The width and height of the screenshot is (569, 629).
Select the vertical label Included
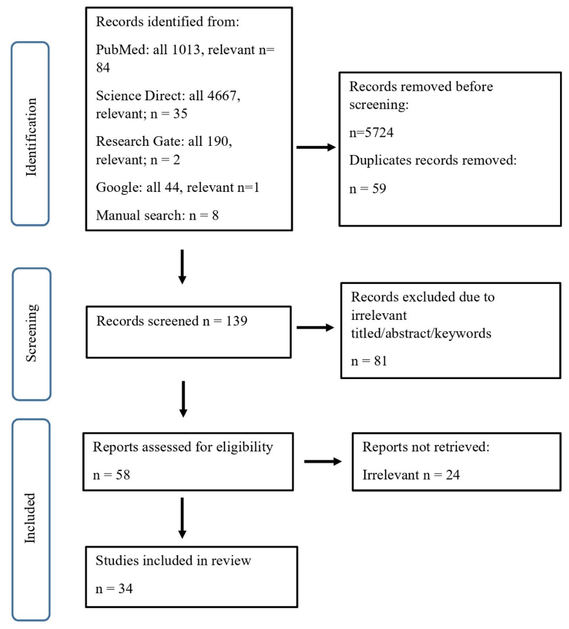pyautogui.click(x=30, y=518)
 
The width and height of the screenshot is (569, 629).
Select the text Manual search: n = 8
pyautogui.click(x=157, y=215)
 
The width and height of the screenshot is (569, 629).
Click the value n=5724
pyautogui.click(x=371, y=133)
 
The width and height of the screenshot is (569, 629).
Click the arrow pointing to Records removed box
pyautogui.click(x=315, y=147)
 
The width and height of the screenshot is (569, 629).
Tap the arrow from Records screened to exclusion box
pyautogui.click(x=315, y=327)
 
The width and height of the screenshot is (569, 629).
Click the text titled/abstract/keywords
pyautogui.click(x=421, y=333)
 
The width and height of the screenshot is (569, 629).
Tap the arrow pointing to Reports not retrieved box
pyautogui.click(x=322, y=462)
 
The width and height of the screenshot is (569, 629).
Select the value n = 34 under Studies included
pyautogui.click(x=114, y=589)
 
